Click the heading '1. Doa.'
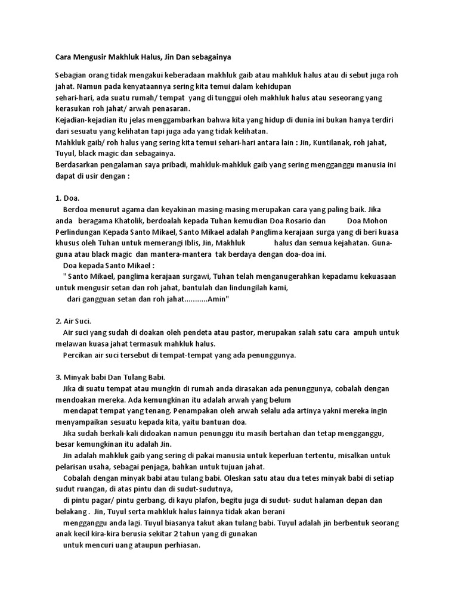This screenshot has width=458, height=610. point(67,198)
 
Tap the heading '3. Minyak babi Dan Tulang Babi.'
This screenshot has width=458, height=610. point(109,377)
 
